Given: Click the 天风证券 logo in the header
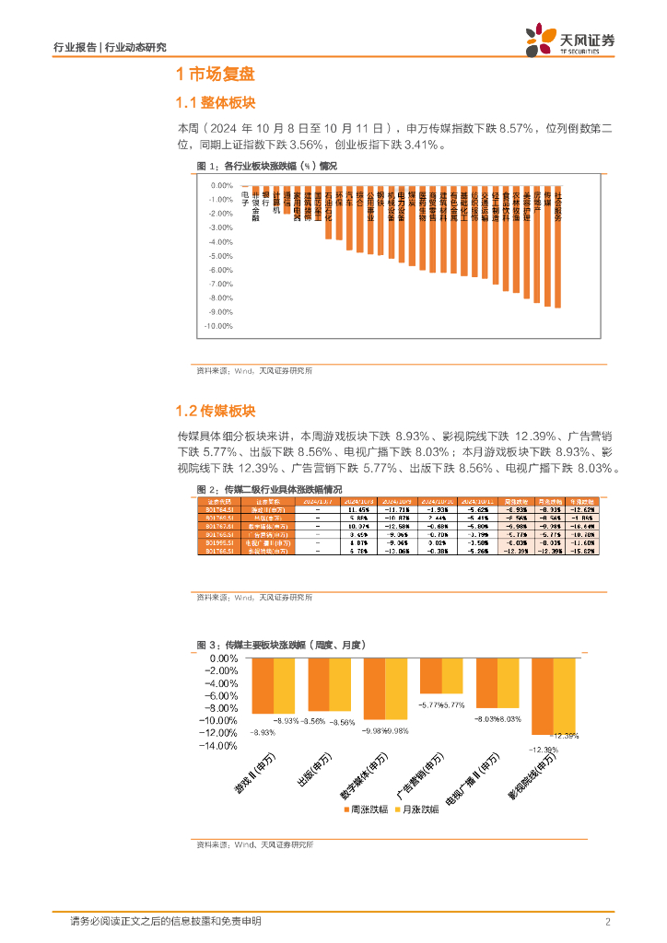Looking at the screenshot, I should pyautogui.click(x=569, y=41).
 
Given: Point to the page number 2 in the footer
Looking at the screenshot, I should pyautogui.click(x=608, y=922).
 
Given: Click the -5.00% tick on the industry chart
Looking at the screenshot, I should pyautogui.click(x=219, y=256).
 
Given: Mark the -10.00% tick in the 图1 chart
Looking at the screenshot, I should pyautogui.click(x=217, y=326).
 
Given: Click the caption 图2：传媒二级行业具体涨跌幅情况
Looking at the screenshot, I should pyautogui.click(x=269, y=489).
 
